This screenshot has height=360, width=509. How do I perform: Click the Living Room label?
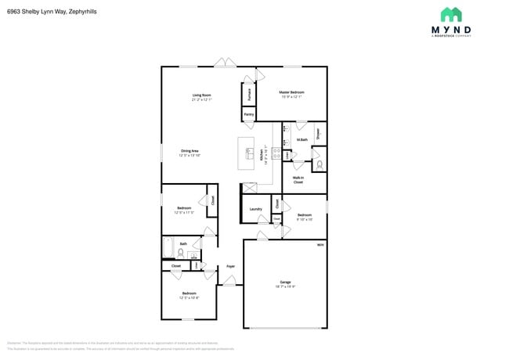pos(201,95)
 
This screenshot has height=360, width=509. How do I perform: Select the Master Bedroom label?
pos(291,92)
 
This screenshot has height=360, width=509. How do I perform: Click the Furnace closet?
pos(250,94)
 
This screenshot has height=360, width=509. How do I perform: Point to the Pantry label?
pos(248,114)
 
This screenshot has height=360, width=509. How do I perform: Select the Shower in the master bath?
pos(319,133)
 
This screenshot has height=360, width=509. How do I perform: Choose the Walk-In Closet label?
pos(298,179)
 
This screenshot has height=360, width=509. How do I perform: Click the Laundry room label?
pos(255,209)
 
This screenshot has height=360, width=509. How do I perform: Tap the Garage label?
pos(286,282)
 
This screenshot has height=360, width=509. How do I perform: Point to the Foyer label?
pos(230,267)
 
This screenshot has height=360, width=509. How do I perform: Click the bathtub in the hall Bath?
pos(168,248)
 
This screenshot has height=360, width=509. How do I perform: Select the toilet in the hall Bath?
pos(180,254)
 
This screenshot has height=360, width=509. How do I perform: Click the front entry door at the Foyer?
pos(229,282)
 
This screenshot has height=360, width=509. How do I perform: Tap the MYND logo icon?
pos(451,14)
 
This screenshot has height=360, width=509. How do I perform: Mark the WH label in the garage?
pos(319,245)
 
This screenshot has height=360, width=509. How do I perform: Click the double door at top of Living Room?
pos(225,63)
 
